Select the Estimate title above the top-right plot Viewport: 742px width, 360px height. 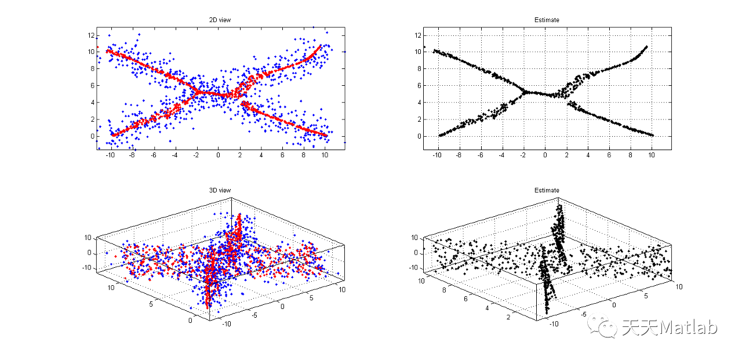point(547,20)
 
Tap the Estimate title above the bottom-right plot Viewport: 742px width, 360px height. point(547,190)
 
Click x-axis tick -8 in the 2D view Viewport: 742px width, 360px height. point(132,155)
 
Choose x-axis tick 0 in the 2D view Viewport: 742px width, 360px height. point(219,155)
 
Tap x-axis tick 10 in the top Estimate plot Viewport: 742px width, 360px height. point(652,155)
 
